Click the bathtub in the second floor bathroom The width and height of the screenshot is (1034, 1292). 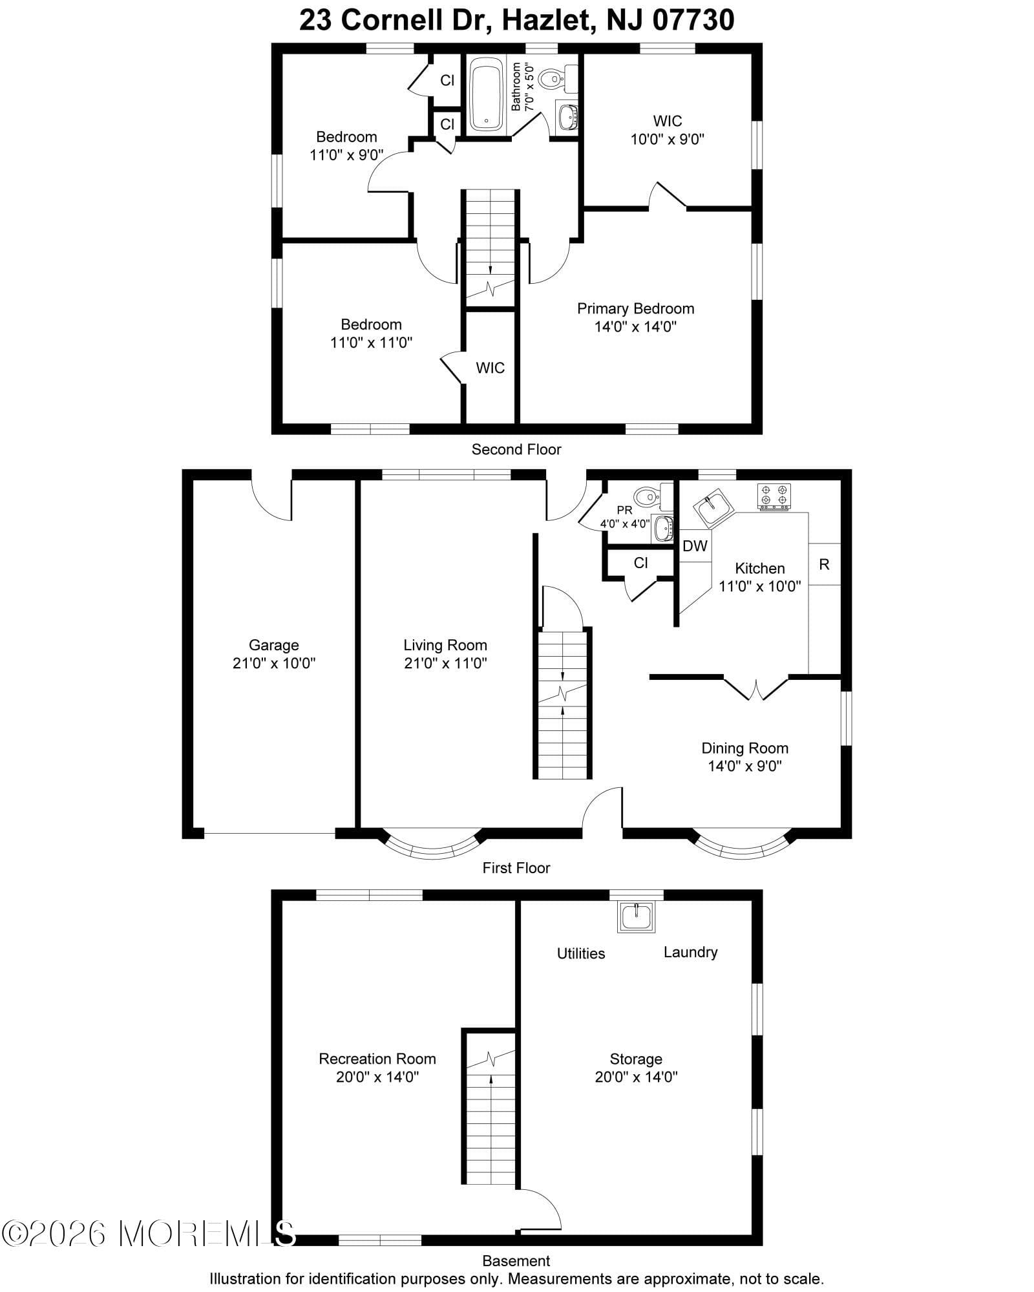[486, 94]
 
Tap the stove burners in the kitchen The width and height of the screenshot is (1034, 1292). [774, 496]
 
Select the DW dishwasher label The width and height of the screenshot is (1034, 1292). [695, 546]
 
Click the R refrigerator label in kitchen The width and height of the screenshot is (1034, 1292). [824, 565]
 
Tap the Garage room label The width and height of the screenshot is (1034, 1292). [273, 645]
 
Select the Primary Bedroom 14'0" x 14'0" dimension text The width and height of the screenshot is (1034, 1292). [635, 327]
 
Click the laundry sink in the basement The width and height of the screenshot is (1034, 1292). [637, 915]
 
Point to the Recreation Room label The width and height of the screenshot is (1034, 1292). [377, 1059]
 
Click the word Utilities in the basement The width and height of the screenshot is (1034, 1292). [581, 953]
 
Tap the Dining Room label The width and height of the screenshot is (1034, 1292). [744, 748]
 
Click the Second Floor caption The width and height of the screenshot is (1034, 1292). [516, 449]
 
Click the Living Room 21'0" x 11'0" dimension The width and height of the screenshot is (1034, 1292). [445, 663]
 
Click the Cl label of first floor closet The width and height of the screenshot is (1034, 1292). [640, 563]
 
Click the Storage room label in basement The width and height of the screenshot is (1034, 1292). [636, 1059]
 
